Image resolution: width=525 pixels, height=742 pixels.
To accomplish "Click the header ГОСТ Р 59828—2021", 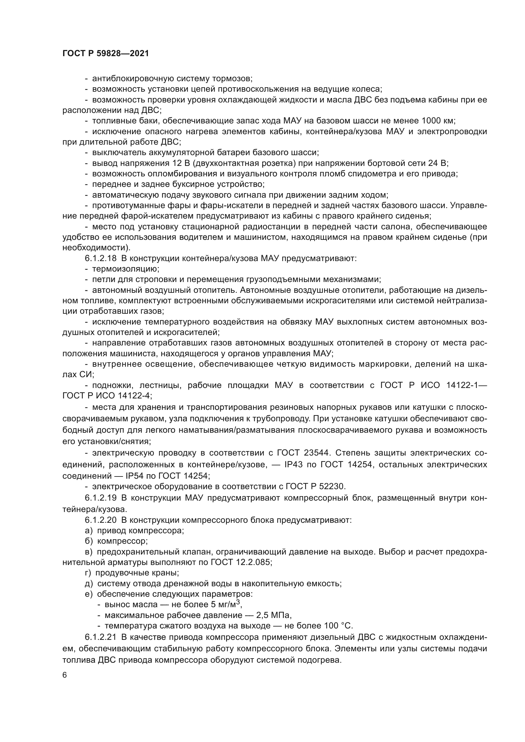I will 106,54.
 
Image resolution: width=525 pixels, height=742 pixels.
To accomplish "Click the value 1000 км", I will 438,121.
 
